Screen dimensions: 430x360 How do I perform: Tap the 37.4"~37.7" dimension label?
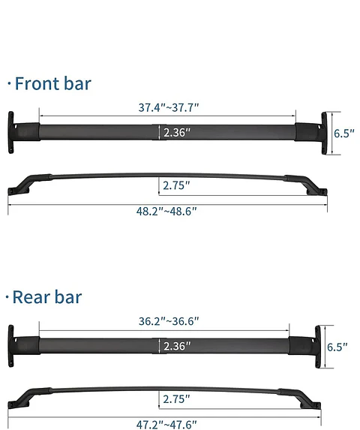[168, 107]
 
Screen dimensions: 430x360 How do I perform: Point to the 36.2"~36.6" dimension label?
[168, 321]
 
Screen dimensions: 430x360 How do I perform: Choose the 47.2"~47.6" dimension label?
[166, 424]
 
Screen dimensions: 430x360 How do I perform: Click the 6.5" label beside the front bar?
[343, 134]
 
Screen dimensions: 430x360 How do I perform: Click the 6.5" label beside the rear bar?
[337, 347]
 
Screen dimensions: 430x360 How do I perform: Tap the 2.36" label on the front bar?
[177, 133]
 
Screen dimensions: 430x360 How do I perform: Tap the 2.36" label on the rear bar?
[177, 346]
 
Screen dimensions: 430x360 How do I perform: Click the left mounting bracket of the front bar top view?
[13, 133]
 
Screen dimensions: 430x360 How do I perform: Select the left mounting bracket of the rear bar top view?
[13, 346]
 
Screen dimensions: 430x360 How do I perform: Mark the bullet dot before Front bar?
[9, 84]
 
